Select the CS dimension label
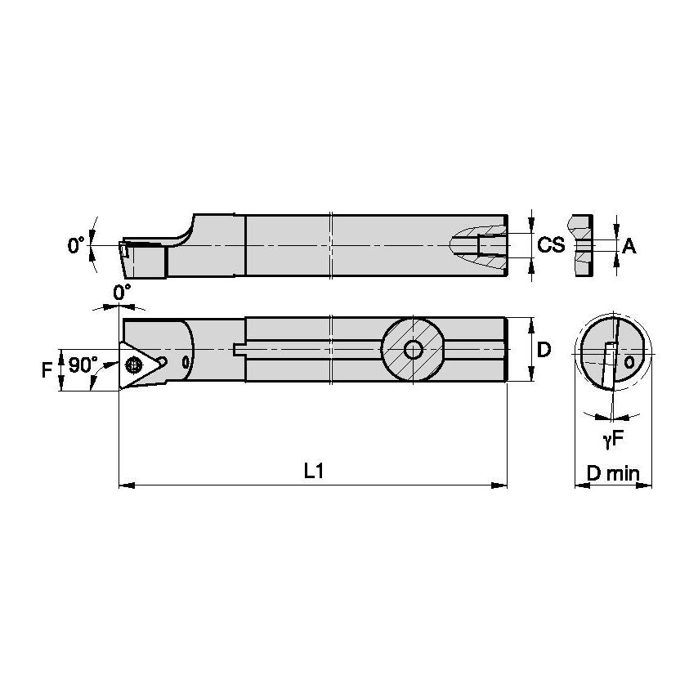(x=552, y=244)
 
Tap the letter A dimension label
(x=629, y=245)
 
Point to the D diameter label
(x=543, y=350)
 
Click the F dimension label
(x=47, y=369)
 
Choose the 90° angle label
(x=83, y=365)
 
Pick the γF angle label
(x=614, y=440)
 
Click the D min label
(x=614, y=473)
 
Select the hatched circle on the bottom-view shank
(x=413, y=350)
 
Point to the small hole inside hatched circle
(x=413, y=350)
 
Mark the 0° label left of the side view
(x=76, y=244)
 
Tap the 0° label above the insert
(x=122, y=292)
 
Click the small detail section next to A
(x=582, y=245)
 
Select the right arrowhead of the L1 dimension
(x=501, y=485)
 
